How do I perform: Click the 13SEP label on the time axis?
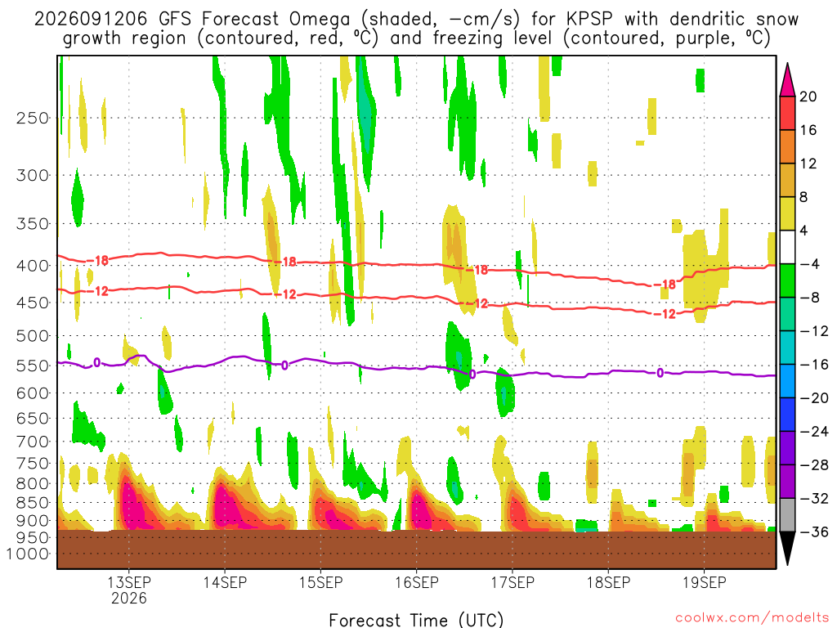point(128,582)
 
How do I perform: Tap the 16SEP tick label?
point(416,582)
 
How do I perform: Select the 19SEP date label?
point(704,582)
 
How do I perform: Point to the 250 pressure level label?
point(33,118)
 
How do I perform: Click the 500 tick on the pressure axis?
point(33,336)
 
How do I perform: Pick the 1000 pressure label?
point(28,554)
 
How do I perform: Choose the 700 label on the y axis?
point(33,442)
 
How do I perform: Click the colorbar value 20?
point(808,96)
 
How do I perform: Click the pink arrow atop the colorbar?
point(787,80)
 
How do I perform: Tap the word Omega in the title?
point(320,20)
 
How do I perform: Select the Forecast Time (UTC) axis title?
point(416,620)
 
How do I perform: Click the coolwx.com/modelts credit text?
point(752,618)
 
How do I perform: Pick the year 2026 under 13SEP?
point(128,598)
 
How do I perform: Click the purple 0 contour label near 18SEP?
point(660,373)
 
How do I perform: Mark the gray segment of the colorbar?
point(787,515)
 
